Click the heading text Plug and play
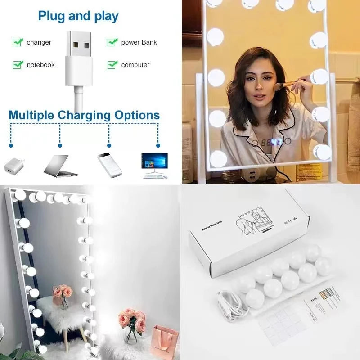(78, 16)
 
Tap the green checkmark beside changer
(18, 42)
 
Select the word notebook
(40, 65)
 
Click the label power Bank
(139, 42)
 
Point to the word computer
(135, 65)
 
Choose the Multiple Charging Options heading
(84, 115)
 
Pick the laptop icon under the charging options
(60, 166)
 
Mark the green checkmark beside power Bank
(112, 42)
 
